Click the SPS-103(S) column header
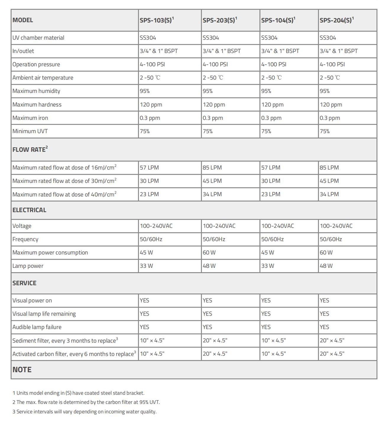click(156, 20)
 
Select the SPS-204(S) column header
click(336, 20)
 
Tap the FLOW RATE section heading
click(30, 149)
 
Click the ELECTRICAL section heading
click(29, 210)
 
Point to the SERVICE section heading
click(24, 283)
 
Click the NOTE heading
click(22, 370)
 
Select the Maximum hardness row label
click(37, 105)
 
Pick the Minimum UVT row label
click(30, 131)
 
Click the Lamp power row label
click(28, 266)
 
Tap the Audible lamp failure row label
click(37, 327)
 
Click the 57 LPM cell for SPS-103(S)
click(149, 168)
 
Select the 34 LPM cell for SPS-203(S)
click(212, 194)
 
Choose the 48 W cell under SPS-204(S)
click(326, 266)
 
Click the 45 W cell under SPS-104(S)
click(268, 253)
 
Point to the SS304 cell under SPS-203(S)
click(211, 38)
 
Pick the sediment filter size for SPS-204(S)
click(332, 341)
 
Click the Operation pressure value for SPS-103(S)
click(152, 64)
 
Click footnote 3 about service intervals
click(84, 411)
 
